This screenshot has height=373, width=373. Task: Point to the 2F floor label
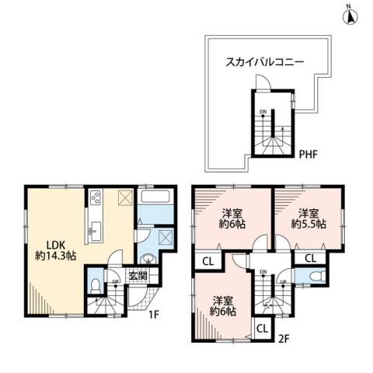tap(284, 339)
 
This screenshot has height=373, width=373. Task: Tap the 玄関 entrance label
tap(138, 274)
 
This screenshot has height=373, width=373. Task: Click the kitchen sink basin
tap(95, 229)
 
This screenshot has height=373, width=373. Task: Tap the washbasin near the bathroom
tap(148, 260)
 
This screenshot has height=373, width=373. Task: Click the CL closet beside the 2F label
tap(261, 328)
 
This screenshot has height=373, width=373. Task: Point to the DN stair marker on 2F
tap(263, 271)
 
